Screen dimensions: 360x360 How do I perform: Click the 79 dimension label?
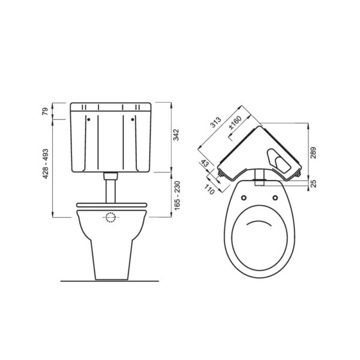[x=46, y=111]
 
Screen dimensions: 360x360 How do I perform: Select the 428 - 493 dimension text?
[x=46, y=164]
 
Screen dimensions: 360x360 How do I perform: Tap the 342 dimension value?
[x=176, y=135]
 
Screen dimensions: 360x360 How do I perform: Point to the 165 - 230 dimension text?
[x=177, y=196]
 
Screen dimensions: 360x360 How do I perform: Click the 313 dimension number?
[x=216, y=122]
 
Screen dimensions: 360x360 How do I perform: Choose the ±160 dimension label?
[x=235, y=122]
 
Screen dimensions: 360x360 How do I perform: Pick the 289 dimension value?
[x=313, y=152]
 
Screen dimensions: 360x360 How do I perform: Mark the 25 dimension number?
[x=313, y=184]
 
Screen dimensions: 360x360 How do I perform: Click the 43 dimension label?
[x=205, y=163]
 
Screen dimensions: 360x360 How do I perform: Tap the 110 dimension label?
[x=209, y=190]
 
